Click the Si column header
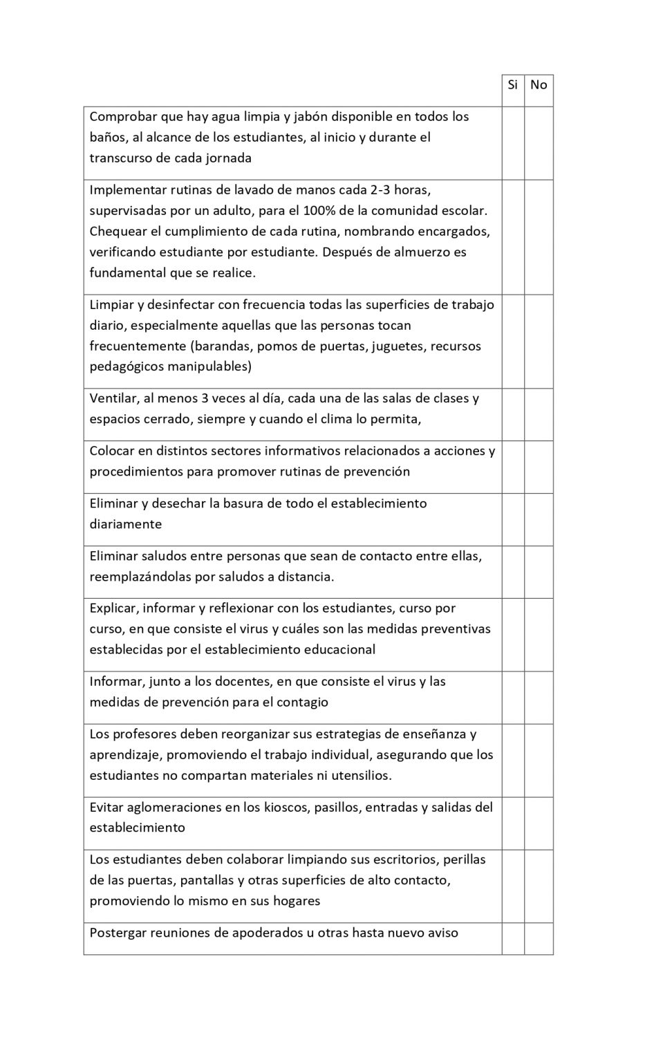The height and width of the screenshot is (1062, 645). point(512,85)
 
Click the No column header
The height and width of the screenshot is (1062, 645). point(539,85)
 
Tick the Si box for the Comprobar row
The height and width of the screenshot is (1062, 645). point(512,142)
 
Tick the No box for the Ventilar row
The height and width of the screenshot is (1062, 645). point(539,414)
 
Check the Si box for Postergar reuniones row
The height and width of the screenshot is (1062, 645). point(512,938)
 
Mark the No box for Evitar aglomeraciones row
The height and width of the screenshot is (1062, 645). point(539,823)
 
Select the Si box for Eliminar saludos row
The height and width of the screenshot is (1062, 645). point(512,572)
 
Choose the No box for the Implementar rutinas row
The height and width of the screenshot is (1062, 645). point(539,236)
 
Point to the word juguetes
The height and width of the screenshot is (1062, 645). point(397,346)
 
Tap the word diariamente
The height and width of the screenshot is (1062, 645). point(125,524)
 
